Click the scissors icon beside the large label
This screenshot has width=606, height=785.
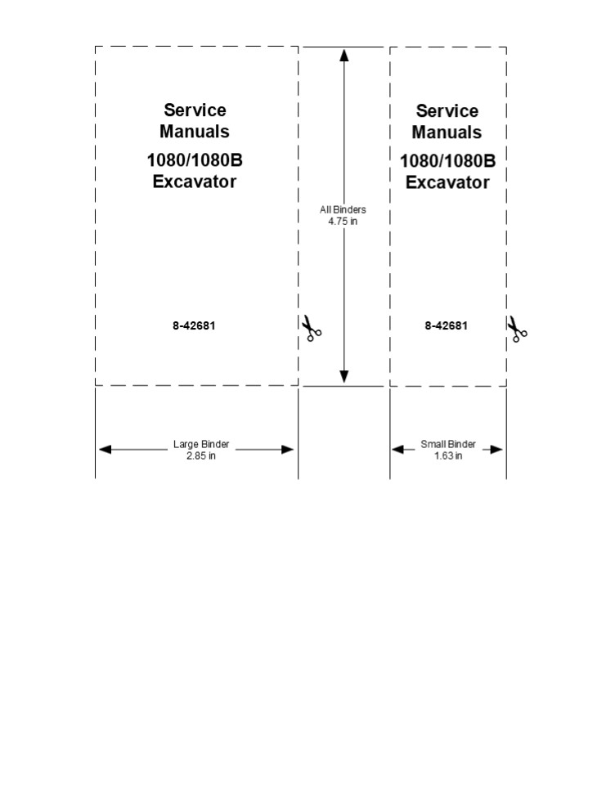pos(312,329)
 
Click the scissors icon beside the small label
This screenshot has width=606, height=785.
pos(517,329)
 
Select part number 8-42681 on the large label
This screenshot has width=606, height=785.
pos(194,325)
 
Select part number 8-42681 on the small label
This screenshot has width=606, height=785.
pos(446,325)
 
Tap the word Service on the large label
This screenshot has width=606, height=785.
pos(195,110)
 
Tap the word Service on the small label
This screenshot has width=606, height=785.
pos(447,111)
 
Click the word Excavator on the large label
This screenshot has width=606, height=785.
pos(195,182)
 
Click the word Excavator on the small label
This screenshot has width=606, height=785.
pos(447,182)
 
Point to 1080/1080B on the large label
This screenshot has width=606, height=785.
pos(195,160)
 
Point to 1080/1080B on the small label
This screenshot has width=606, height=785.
pos(447,161)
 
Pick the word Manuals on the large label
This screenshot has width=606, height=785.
pos(195,131)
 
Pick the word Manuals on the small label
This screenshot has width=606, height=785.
pos(447,132)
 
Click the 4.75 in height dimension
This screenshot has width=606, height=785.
pos(343,221)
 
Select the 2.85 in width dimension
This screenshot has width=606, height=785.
pos(201,455)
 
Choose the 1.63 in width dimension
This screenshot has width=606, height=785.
pos(448,455)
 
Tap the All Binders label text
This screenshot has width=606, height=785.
pos(343,210)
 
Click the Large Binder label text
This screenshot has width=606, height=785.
pos(201,445)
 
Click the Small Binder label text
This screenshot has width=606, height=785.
pos(448,445)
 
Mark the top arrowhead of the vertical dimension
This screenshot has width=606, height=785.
pos(344,55)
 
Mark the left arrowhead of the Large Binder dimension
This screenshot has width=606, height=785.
pos(105,450)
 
